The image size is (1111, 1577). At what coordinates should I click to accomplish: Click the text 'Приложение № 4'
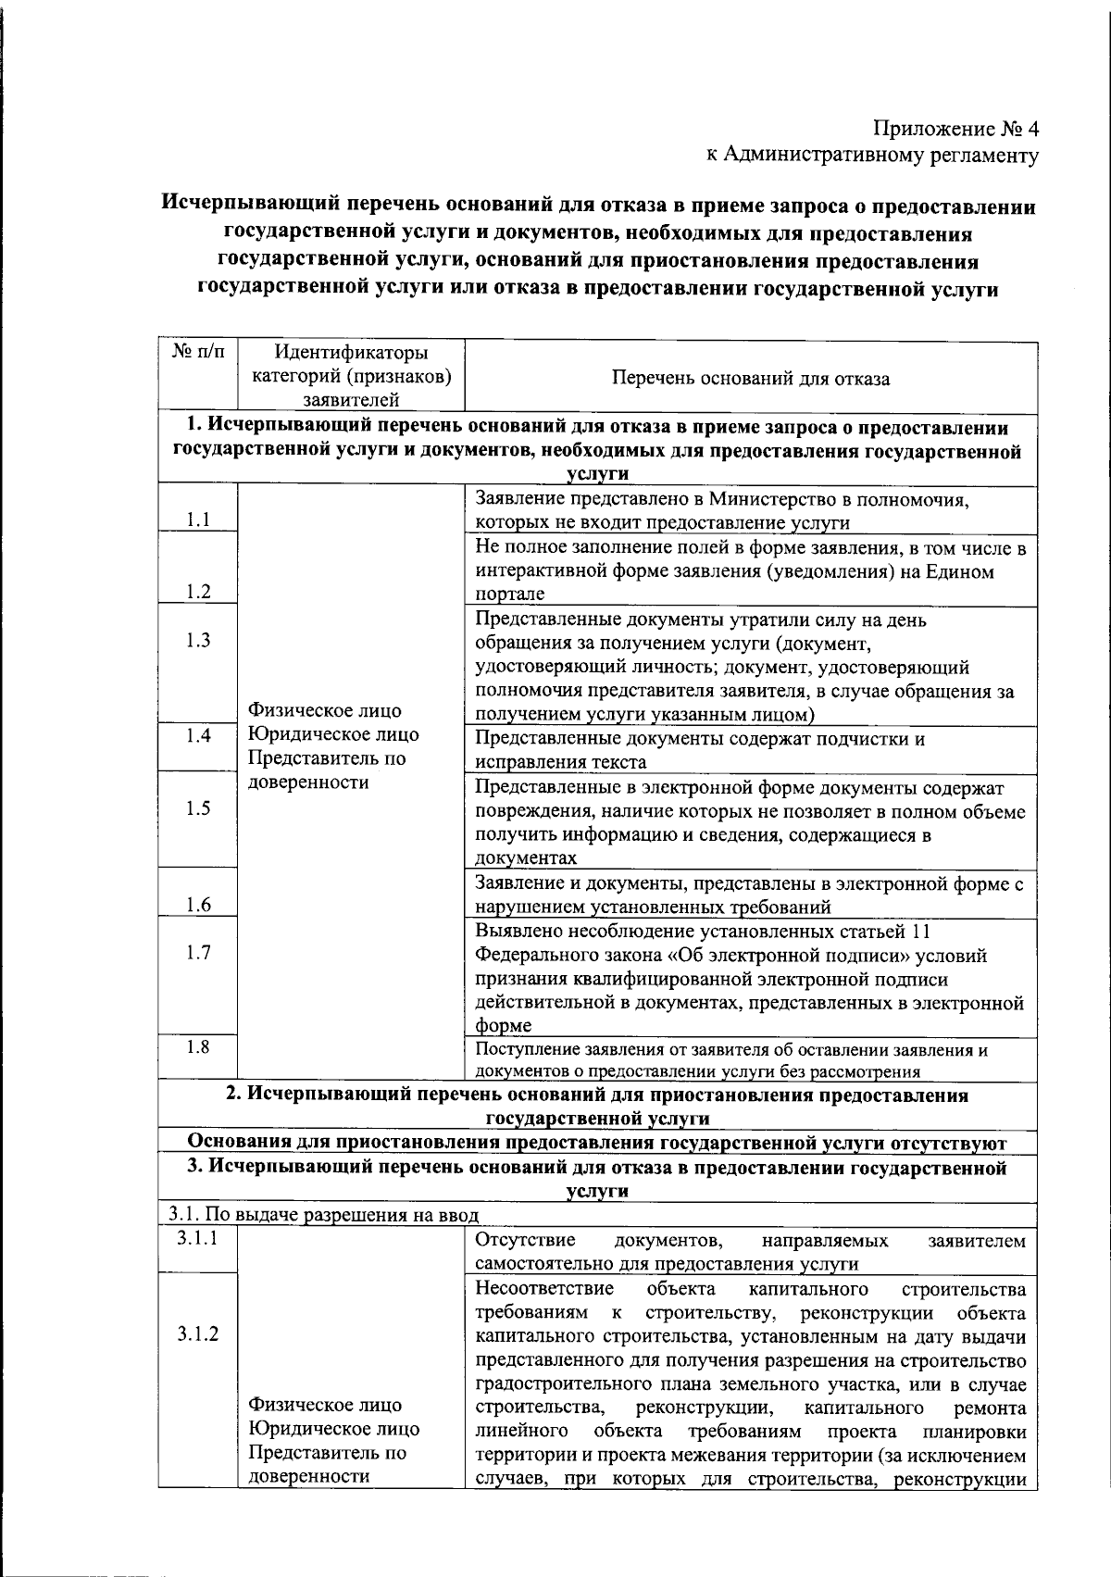tap(956, 129)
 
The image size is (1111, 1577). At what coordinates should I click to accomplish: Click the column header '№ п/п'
tap(198, 353)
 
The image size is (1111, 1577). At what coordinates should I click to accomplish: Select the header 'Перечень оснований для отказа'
tap(750, 378)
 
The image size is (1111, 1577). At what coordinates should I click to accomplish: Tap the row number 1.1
tap(198, 519)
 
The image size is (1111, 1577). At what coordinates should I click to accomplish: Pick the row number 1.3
tap(198, 640)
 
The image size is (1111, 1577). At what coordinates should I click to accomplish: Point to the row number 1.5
tap(198, 807)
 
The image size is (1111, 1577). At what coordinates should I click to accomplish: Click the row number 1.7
tap(198, 952)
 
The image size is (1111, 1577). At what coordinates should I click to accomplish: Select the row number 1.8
tap(198, 1046)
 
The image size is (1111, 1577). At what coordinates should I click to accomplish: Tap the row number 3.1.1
tap(198, 1238)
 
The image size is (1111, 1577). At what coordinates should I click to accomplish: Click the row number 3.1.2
tap(198, 1333)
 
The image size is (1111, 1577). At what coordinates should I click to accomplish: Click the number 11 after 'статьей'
tap(921, 932)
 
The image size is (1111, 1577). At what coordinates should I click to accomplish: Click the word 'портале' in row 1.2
tap(509, 595)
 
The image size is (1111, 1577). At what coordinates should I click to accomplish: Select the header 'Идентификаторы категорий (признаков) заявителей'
tap(352, 376)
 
